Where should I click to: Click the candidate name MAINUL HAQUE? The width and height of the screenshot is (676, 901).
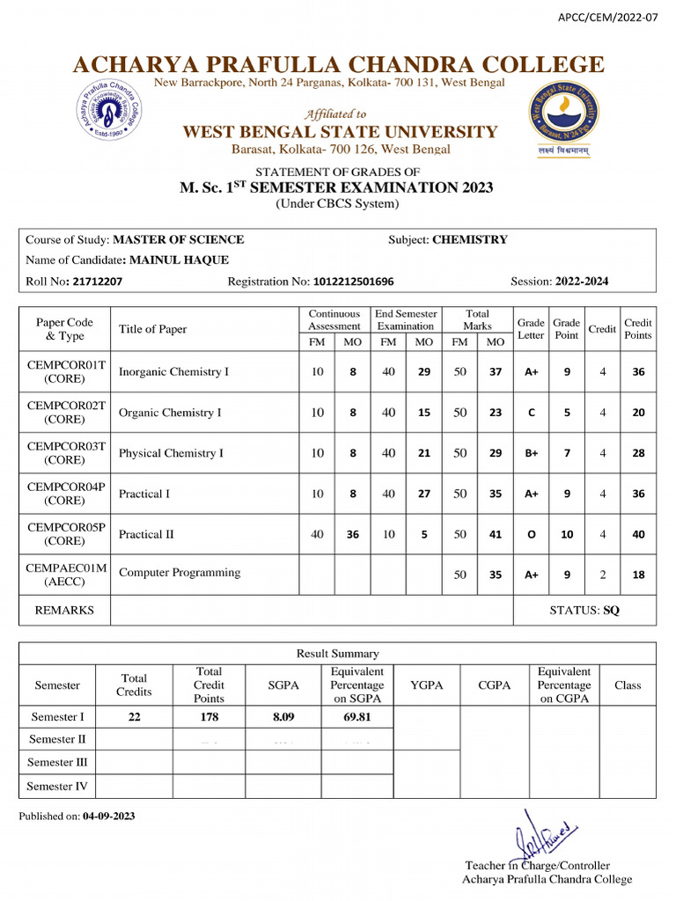pos(180,260)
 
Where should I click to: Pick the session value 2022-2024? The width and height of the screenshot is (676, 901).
pos(581,282)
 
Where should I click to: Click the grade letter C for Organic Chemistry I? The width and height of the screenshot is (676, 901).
pos(532,413)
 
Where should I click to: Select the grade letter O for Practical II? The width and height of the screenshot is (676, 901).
pos(532,535)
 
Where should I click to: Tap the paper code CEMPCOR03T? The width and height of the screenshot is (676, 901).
pos(67,446)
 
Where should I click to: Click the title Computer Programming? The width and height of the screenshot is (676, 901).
pos(180,573)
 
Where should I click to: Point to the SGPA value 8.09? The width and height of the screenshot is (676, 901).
pos(283,717)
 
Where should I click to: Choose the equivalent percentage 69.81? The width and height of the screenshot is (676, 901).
pos(356,717)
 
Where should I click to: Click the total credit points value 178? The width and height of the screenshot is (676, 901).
pos(209,717)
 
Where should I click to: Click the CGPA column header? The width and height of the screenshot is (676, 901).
pos(495,685)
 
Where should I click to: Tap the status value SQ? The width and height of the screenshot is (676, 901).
pos(611,610)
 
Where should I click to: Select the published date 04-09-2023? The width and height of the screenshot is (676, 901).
pos(109,817)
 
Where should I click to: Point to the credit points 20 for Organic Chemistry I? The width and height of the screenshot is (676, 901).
pos(638,413)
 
